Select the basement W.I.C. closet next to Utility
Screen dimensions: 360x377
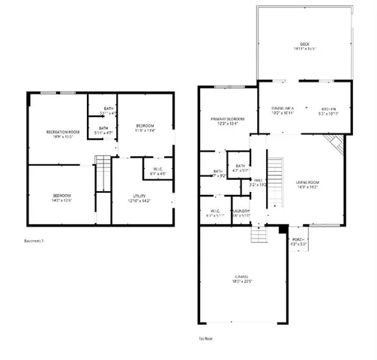click(x=157, y=171)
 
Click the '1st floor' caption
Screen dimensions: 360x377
click(x=206, y=338)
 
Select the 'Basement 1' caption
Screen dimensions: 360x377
click(x=34, y=241)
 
